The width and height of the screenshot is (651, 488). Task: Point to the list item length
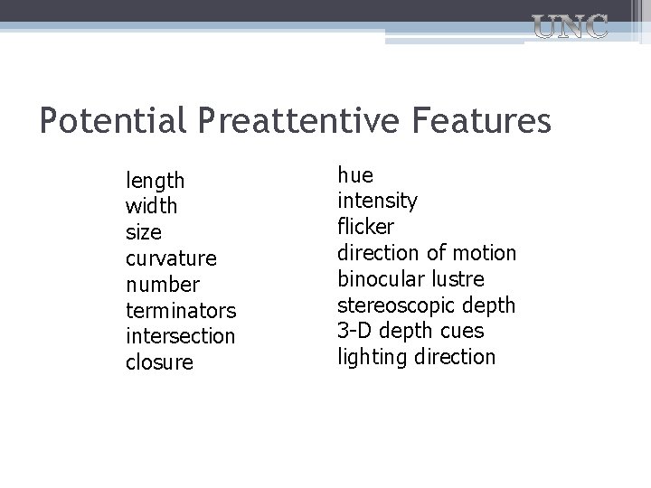coord(155,182)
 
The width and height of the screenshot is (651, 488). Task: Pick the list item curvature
coord(171,258)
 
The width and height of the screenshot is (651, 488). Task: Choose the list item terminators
coord(181,311)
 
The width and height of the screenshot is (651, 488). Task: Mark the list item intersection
coord(180,336)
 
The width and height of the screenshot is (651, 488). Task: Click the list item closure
coord(159,362)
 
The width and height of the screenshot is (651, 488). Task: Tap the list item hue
coord(355,174)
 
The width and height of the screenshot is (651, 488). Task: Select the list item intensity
coord(377,201)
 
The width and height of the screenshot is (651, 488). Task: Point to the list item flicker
coord(365,226)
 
